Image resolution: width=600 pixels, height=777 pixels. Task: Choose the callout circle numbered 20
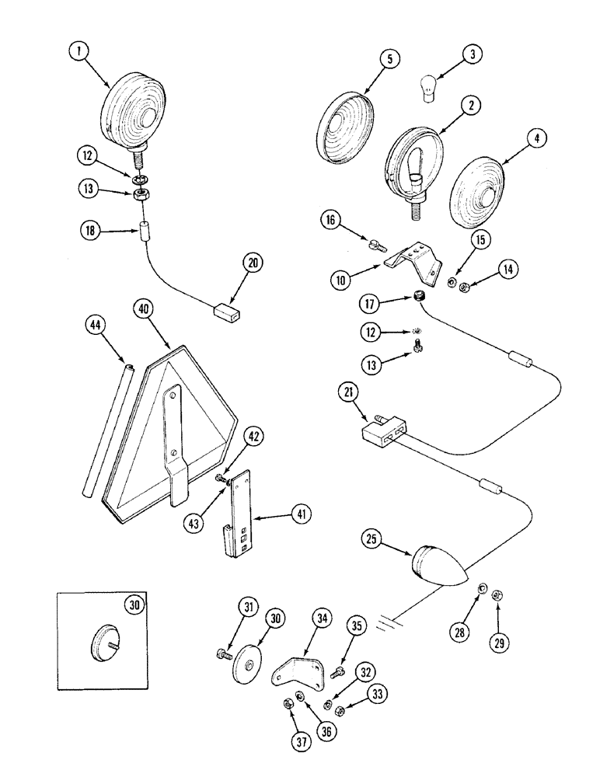click(x=254, y=264)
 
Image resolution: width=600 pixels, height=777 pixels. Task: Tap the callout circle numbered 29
click(x=497, y=642)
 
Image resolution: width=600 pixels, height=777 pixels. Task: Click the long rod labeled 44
click(x=105, y=427)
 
